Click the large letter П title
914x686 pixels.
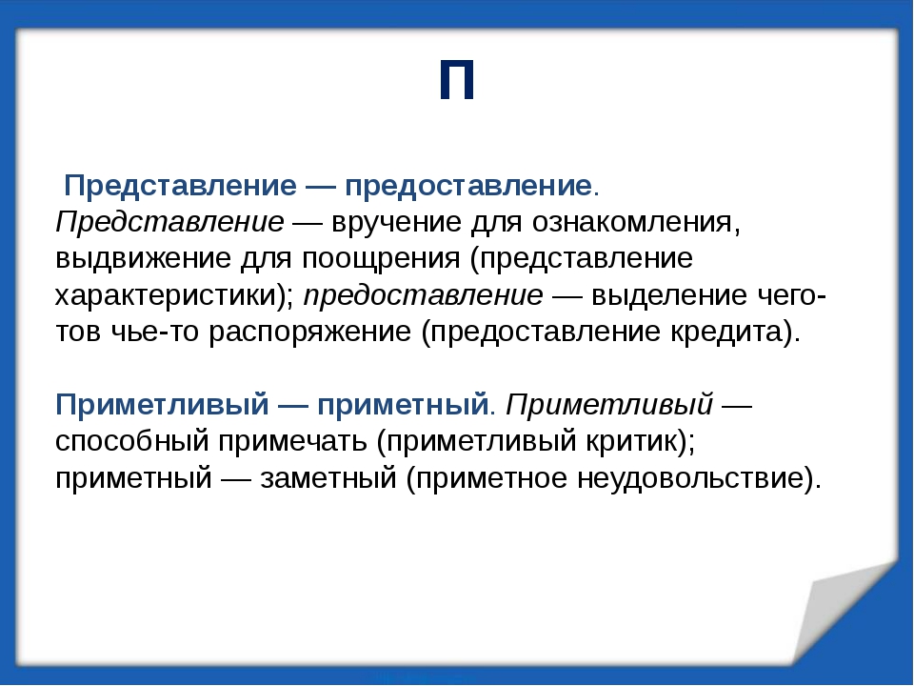click(x=457, y=80)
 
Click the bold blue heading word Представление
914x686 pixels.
click(x=180, y=186)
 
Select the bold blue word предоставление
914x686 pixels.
click(x=468, y=186)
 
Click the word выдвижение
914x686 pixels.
click(x=144, y=258)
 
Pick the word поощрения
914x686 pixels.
click(x=381, y=259)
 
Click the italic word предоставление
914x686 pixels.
click(x=424, y=295)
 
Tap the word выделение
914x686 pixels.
click(x=669, y=295)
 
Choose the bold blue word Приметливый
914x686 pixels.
click(x=162, y=404)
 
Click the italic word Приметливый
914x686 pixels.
click(x=609, y=404)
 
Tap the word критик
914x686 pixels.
click(x=630, y=441)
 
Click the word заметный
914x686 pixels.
click(x=328, y=478)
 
